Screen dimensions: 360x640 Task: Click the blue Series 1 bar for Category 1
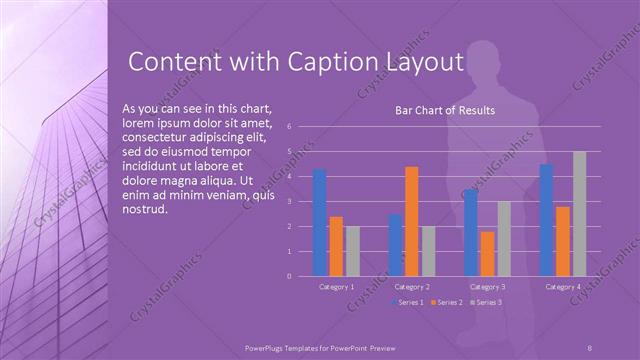point(320,222)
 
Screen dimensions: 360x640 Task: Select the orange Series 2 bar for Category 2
point(412,220)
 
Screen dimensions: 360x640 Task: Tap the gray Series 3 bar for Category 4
point(580,213)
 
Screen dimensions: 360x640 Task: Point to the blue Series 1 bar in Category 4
point(546,219)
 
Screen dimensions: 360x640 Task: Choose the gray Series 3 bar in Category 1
point(353,250)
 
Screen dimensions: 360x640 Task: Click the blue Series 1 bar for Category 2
point(396,244)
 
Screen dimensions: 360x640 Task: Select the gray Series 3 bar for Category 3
point(504,238)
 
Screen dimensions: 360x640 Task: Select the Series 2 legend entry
point(448,302)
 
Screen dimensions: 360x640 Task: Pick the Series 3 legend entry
point(487,302)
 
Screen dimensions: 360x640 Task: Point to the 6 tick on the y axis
point(288,127)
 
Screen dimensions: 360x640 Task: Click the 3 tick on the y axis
point(288,201)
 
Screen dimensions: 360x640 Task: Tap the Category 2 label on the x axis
point(412,287)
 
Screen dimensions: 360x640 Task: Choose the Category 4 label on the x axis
point(563,287)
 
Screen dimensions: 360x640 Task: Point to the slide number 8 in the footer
point(589,346)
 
